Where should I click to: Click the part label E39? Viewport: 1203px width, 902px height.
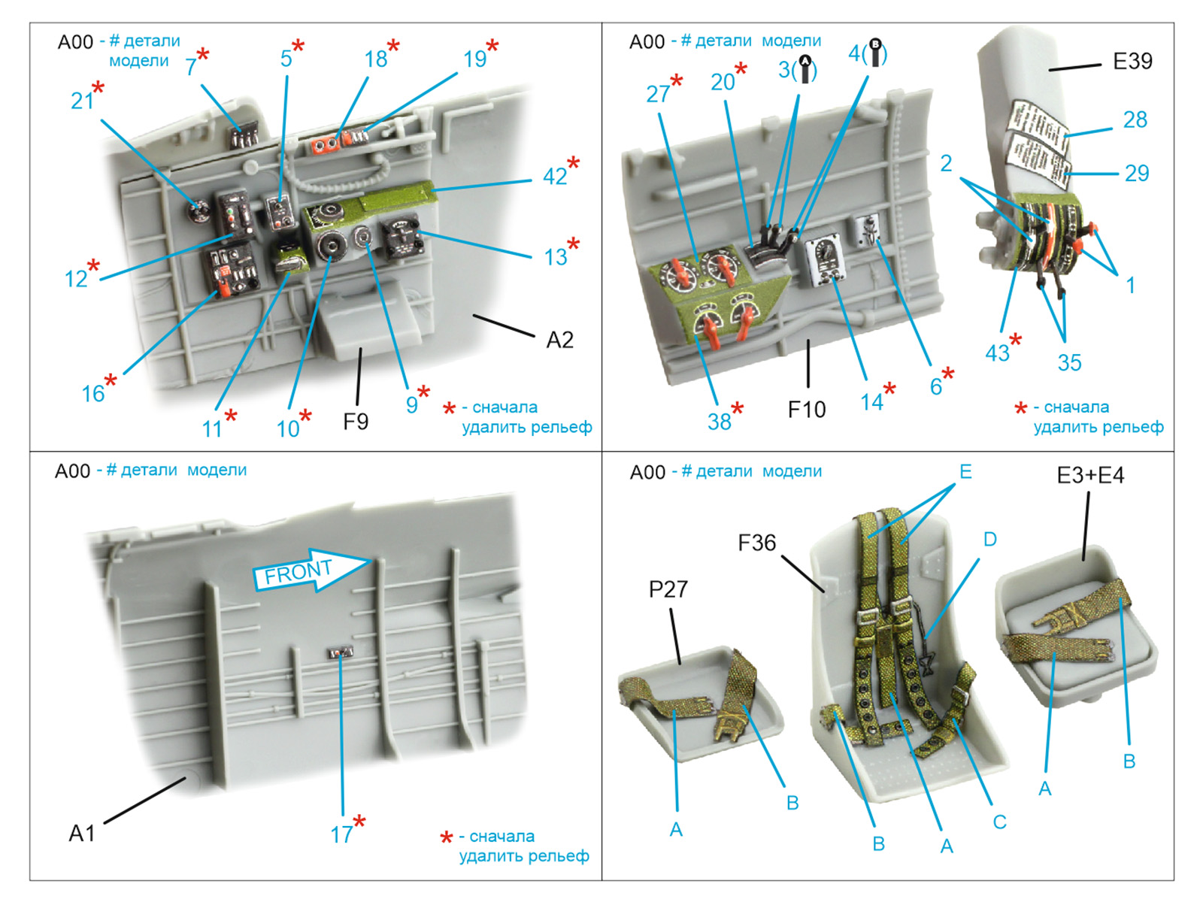pyautogui.click(x=1132, y=62)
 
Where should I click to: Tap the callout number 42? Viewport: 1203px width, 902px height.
pyautogui.click(x=555, y=177)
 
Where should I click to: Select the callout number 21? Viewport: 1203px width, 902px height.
pyautogui.click(x=81, y=101)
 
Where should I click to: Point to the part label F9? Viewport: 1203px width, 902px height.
pyautogui.click(x=356, y=422)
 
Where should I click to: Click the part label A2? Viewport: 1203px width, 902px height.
pyautogui.click(x=559, y=341)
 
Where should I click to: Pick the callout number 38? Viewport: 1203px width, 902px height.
pyautogui.click(x=719, y=422)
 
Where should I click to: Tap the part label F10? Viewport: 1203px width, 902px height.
pyautogui.click(x=806, y=410)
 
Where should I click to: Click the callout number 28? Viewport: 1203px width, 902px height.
pyautogui.click(x=1135, y=120)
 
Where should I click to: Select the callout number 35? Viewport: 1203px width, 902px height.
pyautogui.click(x=1069, y=363)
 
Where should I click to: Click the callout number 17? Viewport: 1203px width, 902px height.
pyautogui.click(x=341, y=834)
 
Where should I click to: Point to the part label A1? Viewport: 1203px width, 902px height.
pyautogui.click(x=82, y=833)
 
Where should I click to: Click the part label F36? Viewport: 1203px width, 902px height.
pyautogui.click(x=756, y=543)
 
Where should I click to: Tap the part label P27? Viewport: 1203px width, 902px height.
pyautogui.click(x=668, y=589)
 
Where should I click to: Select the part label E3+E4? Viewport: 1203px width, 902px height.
pyautogui.click(x=1089, y=476)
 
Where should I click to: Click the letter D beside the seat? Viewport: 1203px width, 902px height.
pyautogui.click(x=989, y=539)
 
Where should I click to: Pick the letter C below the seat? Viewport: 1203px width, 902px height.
pyautogui.click(x=999, y=822)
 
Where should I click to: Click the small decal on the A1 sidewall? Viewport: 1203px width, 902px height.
pyautogui.click(x=341, y=652)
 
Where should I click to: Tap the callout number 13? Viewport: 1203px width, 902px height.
pyautogui.click(x=556, y=257)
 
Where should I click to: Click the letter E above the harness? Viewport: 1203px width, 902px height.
pyautogui.click(x=965, y=471)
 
